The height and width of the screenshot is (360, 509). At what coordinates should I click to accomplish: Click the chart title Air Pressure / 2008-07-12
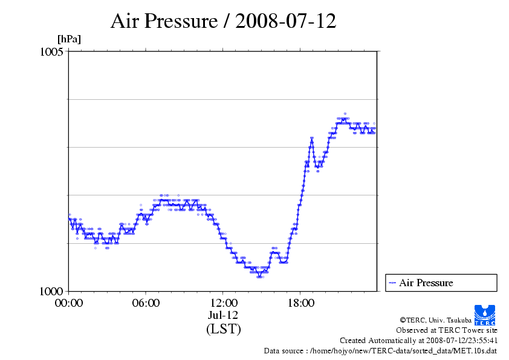coord(223,21)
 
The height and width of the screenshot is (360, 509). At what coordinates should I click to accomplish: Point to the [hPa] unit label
coord(69,39)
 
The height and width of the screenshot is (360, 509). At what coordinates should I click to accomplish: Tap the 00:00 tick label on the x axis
coord(69,303)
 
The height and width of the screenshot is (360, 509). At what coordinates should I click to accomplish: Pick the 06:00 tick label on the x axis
coord(146,303)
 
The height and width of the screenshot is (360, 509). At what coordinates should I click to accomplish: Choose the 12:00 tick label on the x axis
coord(224,303)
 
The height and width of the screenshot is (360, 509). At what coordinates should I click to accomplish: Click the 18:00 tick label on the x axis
coord(300,303)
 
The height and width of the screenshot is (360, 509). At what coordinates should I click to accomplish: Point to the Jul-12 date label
coord(224,315)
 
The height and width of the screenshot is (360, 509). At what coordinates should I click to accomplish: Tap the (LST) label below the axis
coord(224,329)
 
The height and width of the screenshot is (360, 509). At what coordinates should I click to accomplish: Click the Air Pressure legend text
coord(426,283)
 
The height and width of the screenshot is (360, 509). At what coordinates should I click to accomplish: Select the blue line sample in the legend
coord(393,283)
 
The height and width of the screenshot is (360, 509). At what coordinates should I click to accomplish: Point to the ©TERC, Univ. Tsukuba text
coord(448,320)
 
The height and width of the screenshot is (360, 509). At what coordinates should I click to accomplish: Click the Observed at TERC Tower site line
coord(447,330)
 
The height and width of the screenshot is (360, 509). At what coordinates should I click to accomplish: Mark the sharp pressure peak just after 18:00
coord(312,140)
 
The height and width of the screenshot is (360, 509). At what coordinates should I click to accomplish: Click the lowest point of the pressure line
coord(259,276)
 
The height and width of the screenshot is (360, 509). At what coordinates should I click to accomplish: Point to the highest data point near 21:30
coord(345,114)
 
